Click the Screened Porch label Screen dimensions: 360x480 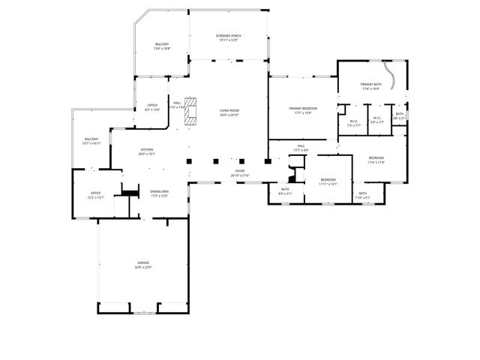tap(229, 37)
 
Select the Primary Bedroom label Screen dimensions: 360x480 tap(303, 109)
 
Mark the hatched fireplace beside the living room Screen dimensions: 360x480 tap(193, 109)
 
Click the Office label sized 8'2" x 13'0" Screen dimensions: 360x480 tap(152, 107)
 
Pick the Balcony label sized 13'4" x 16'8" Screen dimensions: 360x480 tap(162, 46)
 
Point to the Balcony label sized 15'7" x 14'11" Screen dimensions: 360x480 tap(91, 141)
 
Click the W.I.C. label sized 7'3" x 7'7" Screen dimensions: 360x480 tap(353, 121)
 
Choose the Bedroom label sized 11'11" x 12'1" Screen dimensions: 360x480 tap(328, 181)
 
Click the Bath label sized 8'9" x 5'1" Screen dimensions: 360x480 tap(285, 191)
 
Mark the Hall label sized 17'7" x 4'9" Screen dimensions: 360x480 tap(301, 148)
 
